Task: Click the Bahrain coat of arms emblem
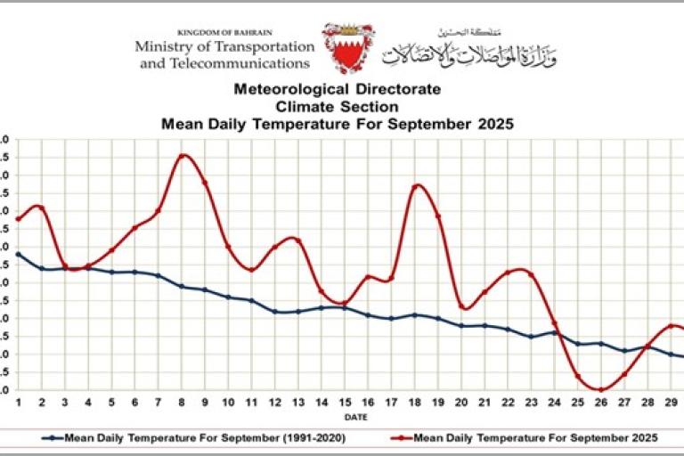[348, 47]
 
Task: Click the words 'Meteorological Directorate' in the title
[337, 90]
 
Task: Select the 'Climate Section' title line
[337, 107]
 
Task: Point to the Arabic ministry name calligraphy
[468, 50]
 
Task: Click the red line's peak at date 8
[182, 156]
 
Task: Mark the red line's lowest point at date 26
[601, 389]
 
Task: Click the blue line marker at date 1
[18, 254]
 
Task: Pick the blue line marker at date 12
[274, 312]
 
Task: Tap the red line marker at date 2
[41, 208]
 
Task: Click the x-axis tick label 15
[345, 403]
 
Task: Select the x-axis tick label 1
[18, 403]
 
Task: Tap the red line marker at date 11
[251, 269]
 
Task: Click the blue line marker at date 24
[554, 333]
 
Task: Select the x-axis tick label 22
[508, 403]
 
